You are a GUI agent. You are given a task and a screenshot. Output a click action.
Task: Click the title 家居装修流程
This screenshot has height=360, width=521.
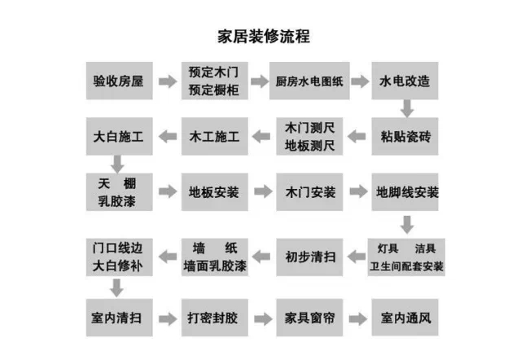pos(263,37)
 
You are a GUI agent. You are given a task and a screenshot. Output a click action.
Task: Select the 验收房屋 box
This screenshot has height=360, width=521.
pos(118,81)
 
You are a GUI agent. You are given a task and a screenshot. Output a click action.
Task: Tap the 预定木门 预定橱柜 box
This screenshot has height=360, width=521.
pos(213,81)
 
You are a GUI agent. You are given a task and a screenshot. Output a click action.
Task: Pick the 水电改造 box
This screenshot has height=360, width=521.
pos(405,81)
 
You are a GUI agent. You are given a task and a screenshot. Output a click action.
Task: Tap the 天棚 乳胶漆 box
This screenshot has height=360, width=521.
pos(118,192)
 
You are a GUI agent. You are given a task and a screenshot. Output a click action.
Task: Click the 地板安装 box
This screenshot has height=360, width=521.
pos(213,192)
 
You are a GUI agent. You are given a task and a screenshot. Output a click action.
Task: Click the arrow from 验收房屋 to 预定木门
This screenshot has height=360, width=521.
pos(166,81)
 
